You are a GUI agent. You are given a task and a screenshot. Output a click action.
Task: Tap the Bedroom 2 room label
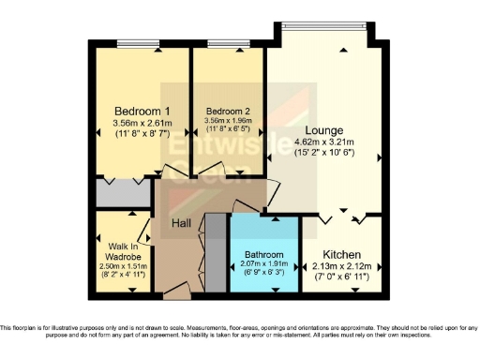click(x=228, y=110)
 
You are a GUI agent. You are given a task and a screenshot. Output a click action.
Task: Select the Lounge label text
click(x=323, y=129)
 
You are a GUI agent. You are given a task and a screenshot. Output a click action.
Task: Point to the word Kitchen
click(x=342, y=255)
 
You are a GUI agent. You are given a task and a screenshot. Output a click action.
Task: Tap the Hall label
click(x=182, y=223)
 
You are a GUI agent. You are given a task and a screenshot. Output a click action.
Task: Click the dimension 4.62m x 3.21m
click(x=323, y=142)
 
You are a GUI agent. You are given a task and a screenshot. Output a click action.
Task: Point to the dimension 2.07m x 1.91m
click(x=263, y=265)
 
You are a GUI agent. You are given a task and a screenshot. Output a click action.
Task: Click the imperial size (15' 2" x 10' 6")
click(x=323, y=153)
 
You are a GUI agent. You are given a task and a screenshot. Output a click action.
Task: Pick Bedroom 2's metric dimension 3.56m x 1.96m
click(x=228, y=121)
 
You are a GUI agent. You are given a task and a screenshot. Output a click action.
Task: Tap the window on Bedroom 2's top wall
click(x=220, y=43)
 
